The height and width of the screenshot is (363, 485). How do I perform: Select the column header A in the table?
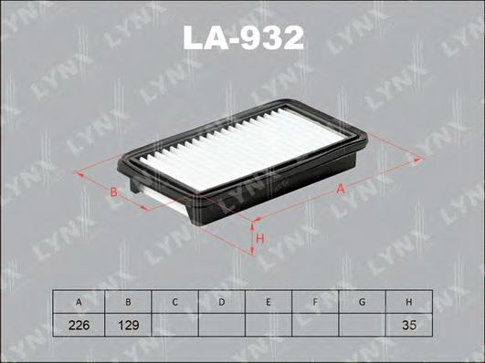coord(79,301)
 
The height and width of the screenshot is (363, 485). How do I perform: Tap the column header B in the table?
coord(127,301)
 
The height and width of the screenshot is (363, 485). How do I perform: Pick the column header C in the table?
coord(174,301)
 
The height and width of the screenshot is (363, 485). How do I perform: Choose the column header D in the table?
coord(222,301)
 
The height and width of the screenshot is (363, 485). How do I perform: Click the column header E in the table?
coord(269,301)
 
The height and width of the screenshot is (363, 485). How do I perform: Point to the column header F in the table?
coord(316,301)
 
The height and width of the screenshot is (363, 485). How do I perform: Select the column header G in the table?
coord(364,301)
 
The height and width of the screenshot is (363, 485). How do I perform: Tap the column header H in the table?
coord(410,301)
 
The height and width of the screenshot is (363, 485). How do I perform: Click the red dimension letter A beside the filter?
coord(340,189)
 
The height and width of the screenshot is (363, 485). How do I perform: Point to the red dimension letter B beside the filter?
coord(112,192)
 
